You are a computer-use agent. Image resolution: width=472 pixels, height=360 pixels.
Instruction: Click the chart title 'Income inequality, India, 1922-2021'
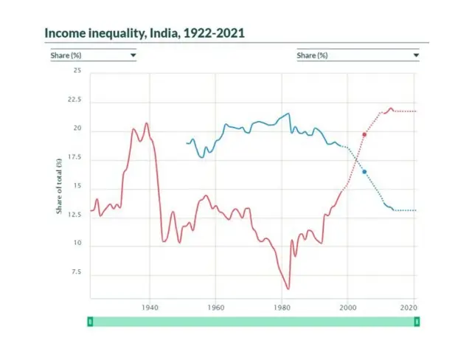(145, 33)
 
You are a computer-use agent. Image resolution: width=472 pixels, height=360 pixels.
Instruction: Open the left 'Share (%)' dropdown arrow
(133, 55)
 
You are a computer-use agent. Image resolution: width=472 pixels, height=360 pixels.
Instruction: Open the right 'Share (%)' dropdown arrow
(416, 55)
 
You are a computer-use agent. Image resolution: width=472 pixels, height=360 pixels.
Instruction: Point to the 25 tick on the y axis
(77, 71)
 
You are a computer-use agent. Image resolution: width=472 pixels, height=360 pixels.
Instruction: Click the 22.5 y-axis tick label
(74, 100)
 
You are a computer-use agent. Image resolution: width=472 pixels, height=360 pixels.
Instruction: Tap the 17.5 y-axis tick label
(74, 158)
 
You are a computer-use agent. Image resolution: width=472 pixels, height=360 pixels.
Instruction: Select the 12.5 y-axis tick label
(74, 215)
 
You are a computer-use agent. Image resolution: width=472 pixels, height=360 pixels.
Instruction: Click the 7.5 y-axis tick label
(75, 273)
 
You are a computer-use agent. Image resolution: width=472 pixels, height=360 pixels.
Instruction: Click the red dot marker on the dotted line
(364, 134)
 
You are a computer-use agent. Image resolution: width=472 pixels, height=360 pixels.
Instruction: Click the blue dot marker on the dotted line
(364, 172)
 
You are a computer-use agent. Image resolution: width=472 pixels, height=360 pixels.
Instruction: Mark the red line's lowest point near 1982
(288, 288)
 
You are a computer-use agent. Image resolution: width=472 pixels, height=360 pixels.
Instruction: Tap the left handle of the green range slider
(90, 322)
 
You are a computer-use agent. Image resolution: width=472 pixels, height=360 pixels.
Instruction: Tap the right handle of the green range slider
(417, 322)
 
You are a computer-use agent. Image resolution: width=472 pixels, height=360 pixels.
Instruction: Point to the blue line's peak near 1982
(288, 114)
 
